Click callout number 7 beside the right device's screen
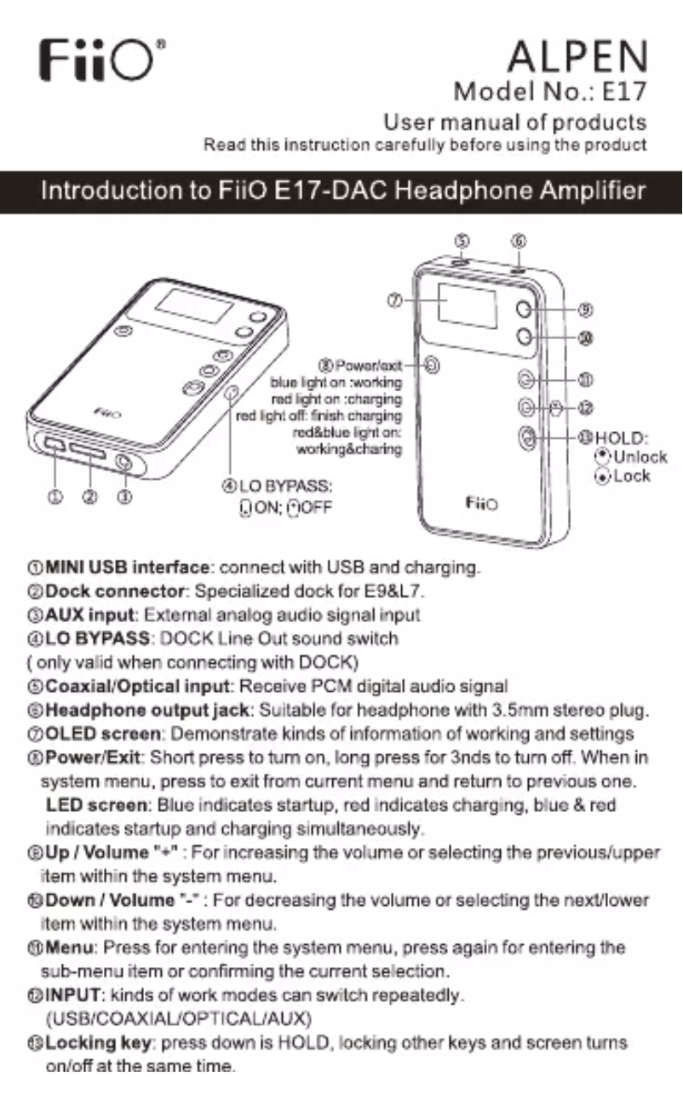[x=393, y=300]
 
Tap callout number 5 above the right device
[x=462, y=241]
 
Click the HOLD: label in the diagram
[x=622, y=439]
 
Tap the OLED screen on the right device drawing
[x=468, y=308]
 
